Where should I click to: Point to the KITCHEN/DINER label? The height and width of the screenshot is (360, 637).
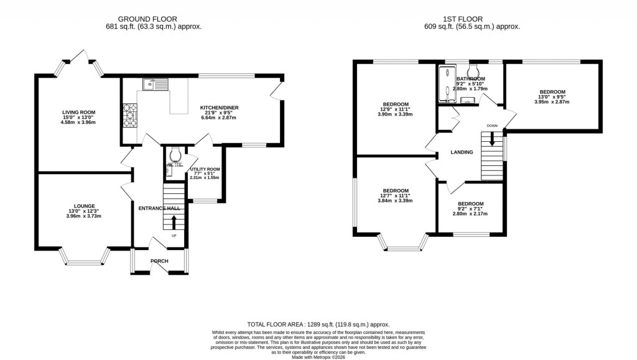click(x=219, y=108)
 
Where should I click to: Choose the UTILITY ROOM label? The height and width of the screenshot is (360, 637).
click(x=205, y=169)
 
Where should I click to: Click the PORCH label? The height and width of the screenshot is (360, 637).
click(x=159, y=261)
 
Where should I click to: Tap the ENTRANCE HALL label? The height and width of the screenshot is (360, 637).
click(x=159, y=208)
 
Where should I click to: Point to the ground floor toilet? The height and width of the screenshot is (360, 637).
click(x=175, y=153)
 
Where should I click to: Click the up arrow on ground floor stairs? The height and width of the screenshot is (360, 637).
click(x=174, y=222)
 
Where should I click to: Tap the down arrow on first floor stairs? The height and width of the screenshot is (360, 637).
click(x=492, y=139)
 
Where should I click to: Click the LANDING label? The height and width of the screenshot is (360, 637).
click(x=462, y=152)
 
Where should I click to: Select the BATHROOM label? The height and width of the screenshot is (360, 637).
click(x=470, y=80)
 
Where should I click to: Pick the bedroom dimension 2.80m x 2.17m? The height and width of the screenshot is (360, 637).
click(x=470, y=214)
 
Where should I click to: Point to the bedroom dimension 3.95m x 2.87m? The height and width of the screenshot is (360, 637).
click(x=552, y=102)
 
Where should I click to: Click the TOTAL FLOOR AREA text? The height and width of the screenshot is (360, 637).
click(x=318, y=325)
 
